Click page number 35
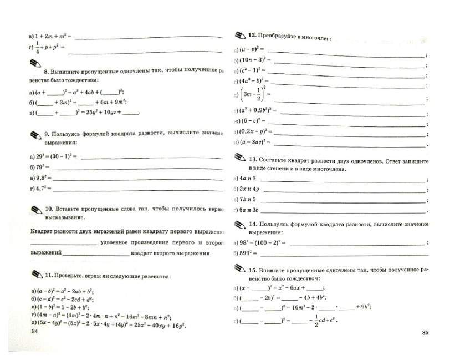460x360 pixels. click(x=425, y=332)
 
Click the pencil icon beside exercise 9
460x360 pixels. click(x=35, y=133)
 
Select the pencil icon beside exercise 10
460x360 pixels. click(x=35, y=209)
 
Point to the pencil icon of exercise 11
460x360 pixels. click(x=36, y=274)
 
